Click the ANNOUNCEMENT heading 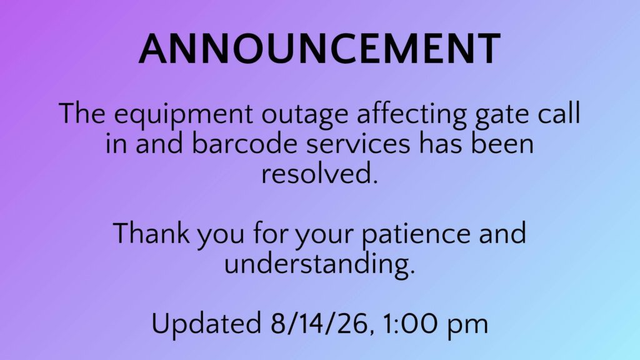tap(319, 49)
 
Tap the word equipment tap(183, 115)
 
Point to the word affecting tap(411, 115)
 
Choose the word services tap(358, 145)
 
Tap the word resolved tap(318, 173)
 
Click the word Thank tap(151, 232)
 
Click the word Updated tap(206, 323)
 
